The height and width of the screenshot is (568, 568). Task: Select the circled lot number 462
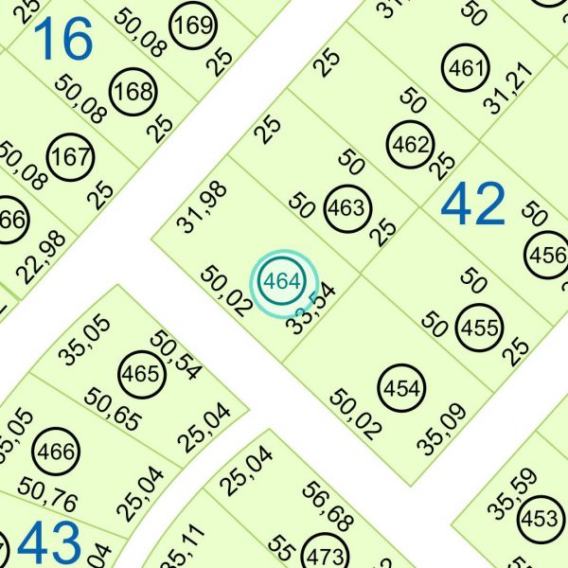pos(410,147)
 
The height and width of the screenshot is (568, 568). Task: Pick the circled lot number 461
pos(466,69)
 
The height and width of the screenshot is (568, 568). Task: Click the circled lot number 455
pos(479,328)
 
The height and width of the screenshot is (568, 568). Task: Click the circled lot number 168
pos(132,93)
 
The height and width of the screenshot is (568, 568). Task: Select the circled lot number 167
pos(68,156)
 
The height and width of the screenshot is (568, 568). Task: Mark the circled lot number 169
pos(193,26)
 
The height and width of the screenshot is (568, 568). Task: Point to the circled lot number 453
pos(540,519)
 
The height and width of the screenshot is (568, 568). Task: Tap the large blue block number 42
pos(473,204)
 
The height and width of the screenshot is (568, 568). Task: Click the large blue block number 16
pos(63,39)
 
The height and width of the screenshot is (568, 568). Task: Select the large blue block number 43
pos(49,544)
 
